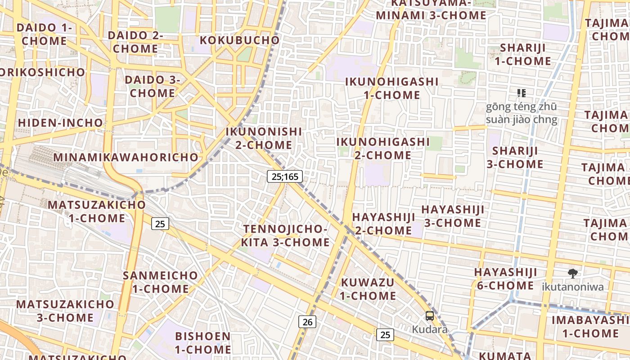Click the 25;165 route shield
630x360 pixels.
pos(285,176)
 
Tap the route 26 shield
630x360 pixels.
pos(307,322)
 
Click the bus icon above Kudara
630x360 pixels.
pos(430,316)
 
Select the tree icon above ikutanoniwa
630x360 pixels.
pos(573,273)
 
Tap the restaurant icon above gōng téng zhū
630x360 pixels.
pos(522,93)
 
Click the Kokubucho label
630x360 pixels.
pos(240,40)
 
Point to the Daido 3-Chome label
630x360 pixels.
pos(153,86)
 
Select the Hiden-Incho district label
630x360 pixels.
pos(60,122)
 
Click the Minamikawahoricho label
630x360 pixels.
pos(126,157)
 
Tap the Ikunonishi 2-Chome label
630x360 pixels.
pos(264,138)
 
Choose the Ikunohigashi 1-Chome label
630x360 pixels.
pos(391,88)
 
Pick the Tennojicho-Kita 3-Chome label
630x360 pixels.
pos(285,235)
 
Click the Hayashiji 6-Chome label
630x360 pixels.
pos(505,279)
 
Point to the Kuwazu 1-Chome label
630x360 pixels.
pos(368,289)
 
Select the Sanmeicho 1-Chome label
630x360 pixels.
pos(160,282)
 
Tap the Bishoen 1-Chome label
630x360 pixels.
pos(203,342)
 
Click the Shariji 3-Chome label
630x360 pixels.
pos(515,157)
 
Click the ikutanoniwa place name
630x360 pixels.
pos(572,287)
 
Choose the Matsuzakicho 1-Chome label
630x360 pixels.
pos(97,211)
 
